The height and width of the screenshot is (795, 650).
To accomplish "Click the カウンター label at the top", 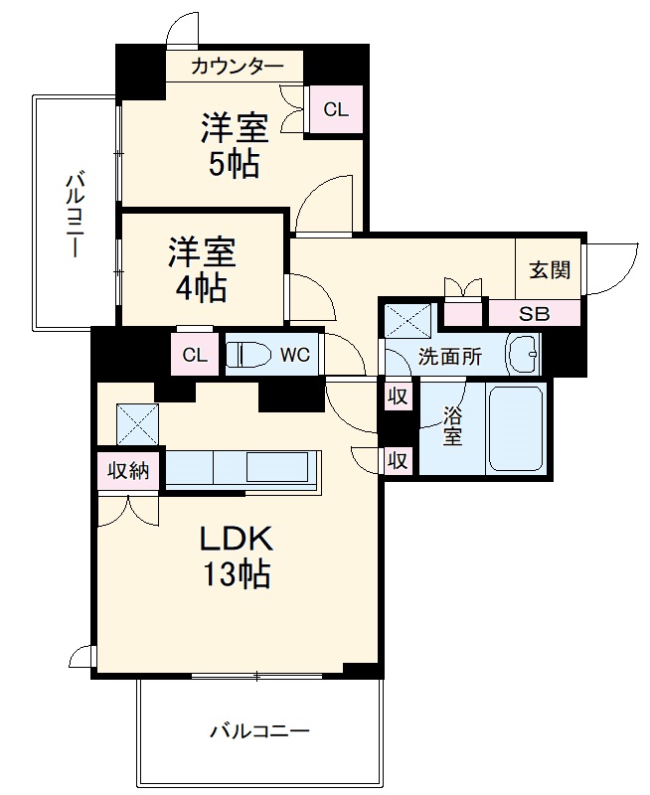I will click(x=237, y=67).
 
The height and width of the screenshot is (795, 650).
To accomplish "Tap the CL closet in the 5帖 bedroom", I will click(x=336, y=110).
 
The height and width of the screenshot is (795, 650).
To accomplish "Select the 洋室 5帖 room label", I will click(x=235, y=145).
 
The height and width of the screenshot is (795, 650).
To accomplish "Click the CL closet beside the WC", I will click(x=196, y=356).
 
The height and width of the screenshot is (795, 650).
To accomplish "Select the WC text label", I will click(x=295, y=356).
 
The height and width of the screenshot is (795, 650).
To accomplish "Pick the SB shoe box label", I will click(x=534, y=313).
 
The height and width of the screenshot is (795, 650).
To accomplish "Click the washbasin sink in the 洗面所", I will click(x=523, y=354).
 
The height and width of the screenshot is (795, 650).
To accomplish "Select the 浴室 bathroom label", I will click(x=453, y=425).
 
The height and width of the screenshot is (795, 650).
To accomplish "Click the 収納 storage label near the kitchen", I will click(x=129, y=470).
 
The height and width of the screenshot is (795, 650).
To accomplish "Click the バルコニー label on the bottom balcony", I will click(x=260, y=732).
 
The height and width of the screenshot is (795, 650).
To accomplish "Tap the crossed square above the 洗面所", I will click(x=406, y=320).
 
